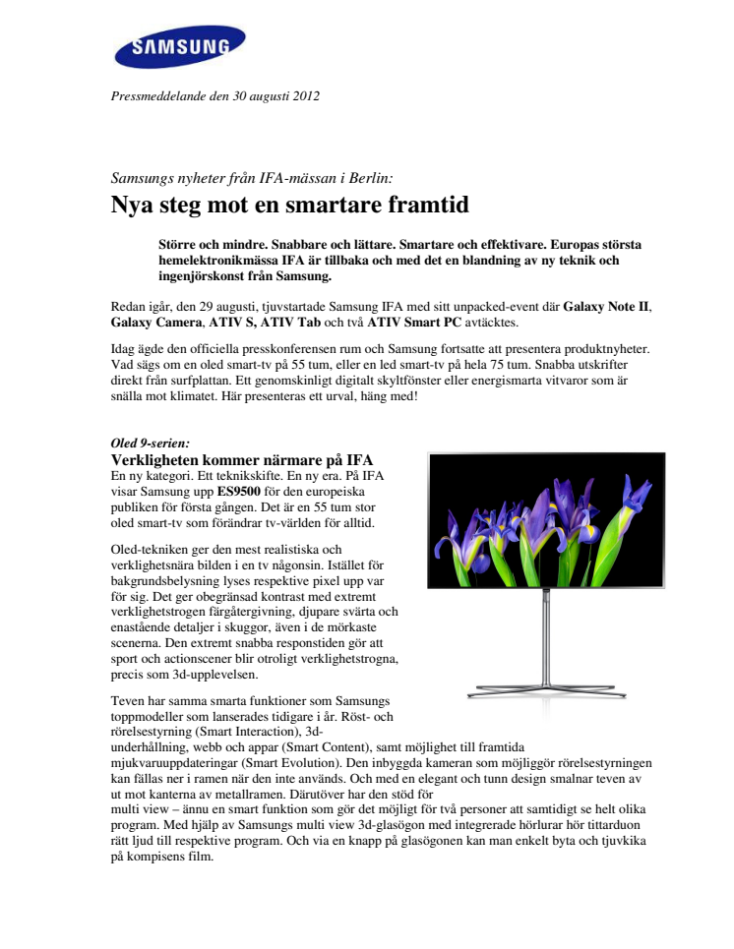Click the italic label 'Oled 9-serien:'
(x=149, y=445)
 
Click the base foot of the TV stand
(x=546, y=684)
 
